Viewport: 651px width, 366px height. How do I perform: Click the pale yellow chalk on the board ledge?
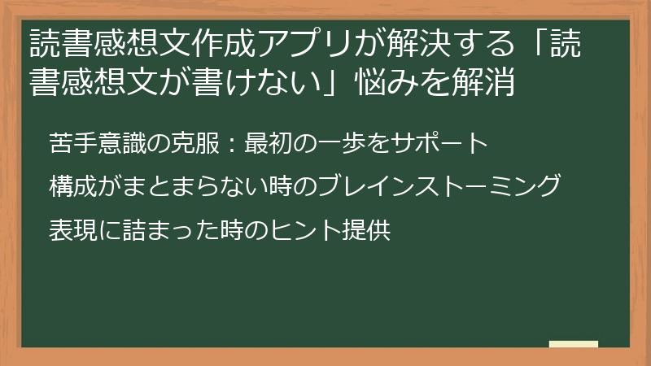click(x=573, y=344)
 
